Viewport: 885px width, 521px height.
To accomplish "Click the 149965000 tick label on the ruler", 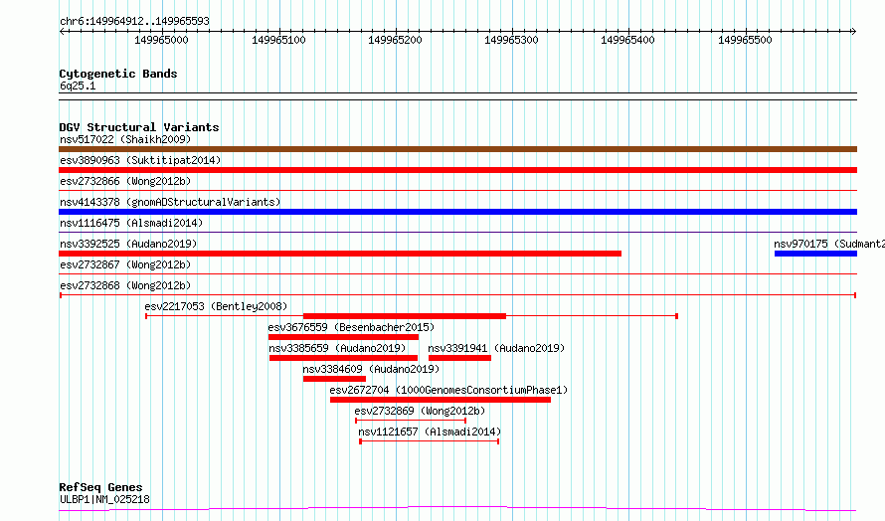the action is click(x=161, y=40).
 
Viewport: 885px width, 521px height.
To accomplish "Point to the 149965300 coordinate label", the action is click(x=511, y=40).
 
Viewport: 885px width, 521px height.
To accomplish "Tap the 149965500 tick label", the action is click(x=745, y=40).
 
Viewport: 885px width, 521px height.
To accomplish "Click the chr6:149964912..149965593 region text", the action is click(x=134, y=21).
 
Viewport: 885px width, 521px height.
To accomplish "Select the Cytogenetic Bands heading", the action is click(x=118, y=74).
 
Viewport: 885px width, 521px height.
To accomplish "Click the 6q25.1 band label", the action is click(x=78, y=86).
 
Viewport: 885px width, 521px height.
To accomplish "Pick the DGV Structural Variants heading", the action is click(x=139, y=127).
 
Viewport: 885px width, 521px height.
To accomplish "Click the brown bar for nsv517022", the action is click(x=457, y=149).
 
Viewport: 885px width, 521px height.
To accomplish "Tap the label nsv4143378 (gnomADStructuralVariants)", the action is click(x=170, y=202).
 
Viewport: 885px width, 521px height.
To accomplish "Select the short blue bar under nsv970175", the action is click(x=815, y=254).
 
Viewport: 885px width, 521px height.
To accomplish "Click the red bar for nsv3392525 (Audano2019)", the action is click(x=340, y=254).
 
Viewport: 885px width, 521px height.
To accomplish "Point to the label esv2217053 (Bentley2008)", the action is click(x=216, y=306).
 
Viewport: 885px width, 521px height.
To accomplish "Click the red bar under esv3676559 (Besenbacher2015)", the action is click(x=343, y=337).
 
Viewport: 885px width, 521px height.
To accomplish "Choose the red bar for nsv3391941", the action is click(x=459, y=358).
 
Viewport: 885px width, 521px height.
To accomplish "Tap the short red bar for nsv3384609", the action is click(x=334, y=379).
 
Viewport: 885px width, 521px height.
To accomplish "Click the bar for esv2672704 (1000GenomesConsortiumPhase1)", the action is click(x=441, y=400).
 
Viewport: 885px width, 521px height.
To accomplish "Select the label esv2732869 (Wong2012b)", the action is click(x=420, y=411).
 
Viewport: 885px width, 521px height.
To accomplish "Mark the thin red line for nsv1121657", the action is click(x=430, y=441).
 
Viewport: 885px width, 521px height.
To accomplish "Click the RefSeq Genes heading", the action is click(x=100, y=487).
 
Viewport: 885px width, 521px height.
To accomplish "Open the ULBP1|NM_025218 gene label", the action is click(x=105, y=499).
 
